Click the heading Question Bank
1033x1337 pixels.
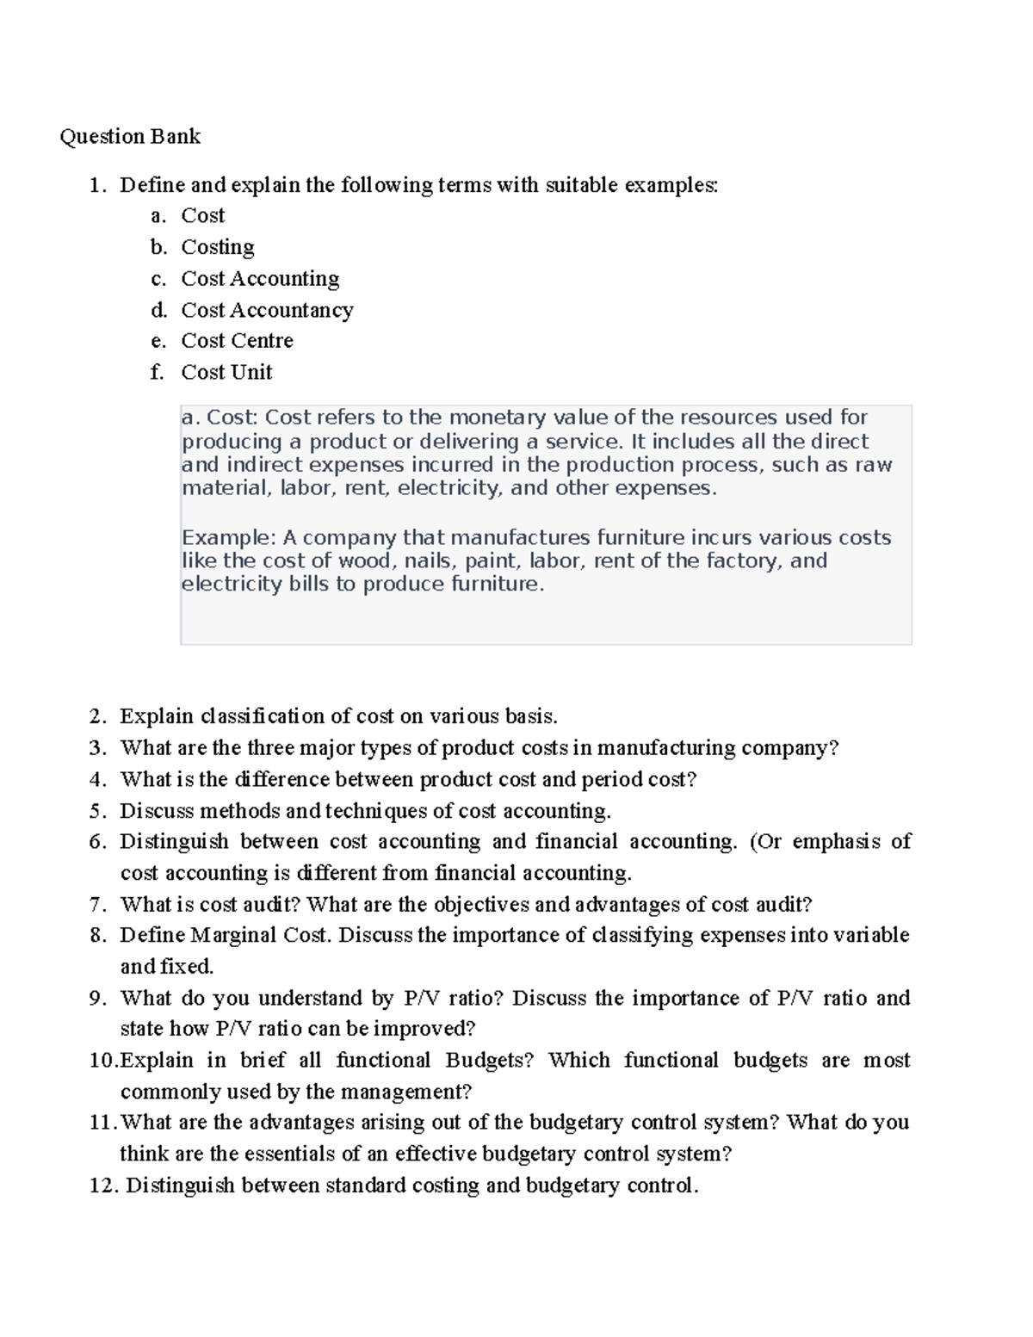tap(130, 136)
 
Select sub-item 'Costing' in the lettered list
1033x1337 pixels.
tap(218, 247)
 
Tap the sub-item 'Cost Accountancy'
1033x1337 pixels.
tap(267, 310)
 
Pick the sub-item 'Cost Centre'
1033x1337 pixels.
tap(237, 341)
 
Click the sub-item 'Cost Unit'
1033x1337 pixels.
tap(226, 372)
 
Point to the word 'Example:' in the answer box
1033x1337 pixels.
tap(229, 538)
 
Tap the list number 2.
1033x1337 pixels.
tap(97, 716)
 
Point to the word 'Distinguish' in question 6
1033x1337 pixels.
tap(174, 841)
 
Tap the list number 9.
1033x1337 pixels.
tap(97, 998)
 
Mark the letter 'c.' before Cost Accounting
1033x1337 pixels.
tap(158, 279)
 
